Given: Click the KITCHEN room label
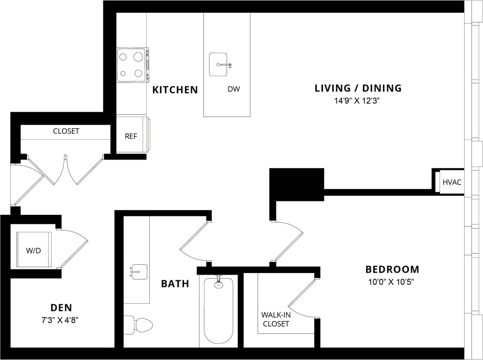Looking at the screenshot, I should [x=175, y=90].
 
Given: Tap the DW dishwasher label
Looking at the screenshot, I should [x=234, y=89].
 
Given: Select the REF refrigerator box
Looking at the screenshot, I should [x=131, y=136].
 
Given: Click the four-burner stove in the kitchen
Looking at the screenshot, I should [x=132, y=65].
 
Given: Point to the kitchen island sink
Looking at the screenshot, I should [x=219, y=65].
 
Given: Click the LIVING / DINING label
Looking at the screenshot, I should [x=358, y=88].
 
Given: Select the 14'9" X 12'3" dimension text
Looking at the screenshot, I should [x=358, y=101].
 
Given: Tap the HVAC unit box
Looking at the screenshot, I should [x=451, y=183].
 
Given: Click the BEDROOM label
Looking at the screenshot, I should [x=392, y=269].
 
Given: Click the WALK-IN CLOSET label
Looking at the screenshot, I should [x=275, y=319].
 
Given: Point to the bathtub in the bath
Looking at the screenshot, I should [x=218, y=310].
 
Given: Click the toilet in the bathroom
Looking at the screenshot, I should [x=139, y=325].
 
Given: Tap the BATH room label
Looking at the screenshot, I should [x=175, y=283].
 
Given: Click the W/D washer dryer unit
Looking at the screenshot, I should [x=33, y=250].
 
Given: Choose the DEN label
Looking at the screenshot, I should [x=61, y=307].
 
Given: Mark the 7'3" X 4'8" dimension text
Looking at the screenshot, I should [x=61, y=321].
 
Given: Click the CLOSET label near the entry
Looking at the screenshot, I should [x=66, y=131].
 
